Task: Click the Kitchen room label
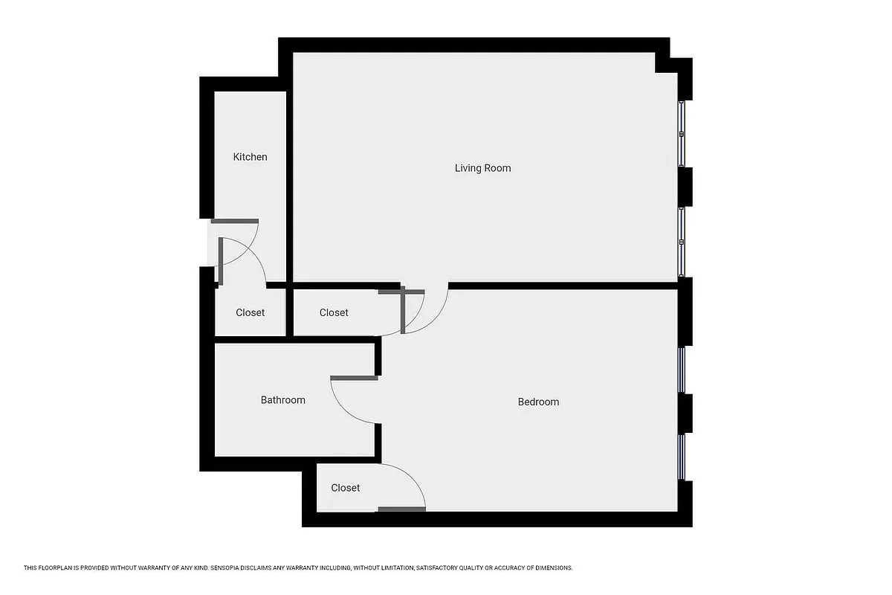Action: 250,157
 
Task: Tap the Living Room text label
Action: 482,168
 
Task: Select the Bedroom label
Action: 538,402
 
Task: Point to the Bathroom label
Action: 282,400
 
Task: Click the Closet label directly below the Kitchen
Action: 250,312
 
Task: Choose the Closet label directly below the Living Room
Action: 334,312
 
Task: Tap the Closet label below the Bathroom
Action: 345,488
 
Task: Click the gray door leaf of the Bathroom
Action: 354,379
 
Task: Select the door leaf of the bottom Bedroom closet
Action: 401,509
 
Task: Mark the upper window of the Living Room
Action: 682,134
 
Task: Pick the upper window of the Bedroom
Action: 682,370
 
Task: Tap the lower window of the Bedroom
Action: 682,457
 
